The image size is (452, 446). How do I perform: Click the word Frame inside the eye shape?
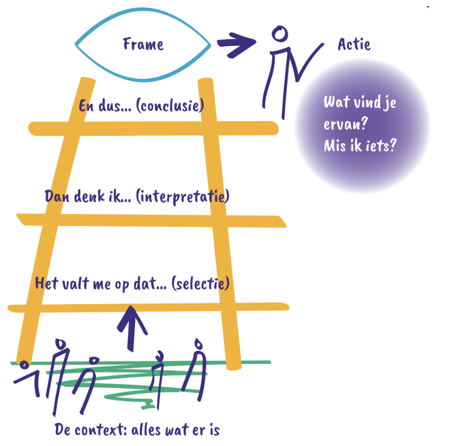click(143, 44)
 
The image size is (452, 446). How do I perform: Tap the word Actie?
click(354, 44)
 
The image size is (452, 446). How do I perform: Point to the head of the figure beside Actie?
click(280, 34)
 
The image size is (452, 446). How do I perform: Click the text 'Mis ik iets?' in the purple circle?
click(360, 146)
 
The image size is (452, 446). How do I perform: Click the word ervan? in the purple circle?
click(344, 124)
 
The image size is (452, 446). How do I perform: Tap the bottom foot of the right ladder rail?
click(234, 363)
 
